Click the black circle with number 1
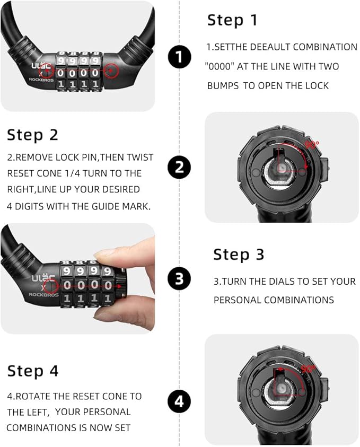179,56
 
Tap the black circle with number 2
179,167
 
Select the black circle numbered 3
179,278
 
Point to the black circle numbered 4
179,401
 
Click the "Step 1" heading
232,20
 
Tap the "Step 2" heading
32,135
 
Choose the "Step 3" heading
239,255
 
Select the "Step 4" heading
33,371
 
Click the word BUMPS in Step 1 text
223,86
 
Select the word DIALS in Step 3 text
279,282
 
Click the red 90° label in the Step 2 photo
312,145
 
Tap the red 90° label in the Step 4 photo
308,369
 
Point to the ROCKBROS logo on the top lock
41,80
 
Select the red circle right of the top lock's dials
111,71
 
